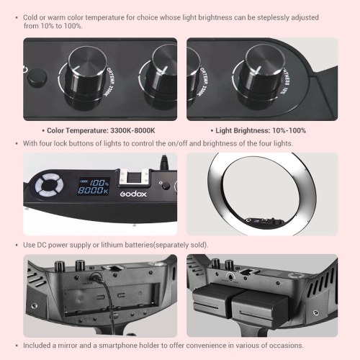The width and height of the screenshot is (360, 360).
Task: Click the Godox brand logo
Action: click(x=133, y=194)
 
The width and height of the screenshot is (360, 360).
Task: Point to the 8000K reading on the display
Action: click(x=93, y=191)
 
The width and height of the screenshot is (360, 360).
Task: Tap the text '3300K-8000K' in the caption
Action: click(x=132, y=130)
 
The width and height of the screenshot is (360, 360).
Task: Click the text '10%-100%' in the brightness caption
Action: click(x=289, y=130)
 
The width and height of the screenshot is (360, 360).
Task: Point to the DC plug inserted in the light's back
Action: click(x=96, y=277)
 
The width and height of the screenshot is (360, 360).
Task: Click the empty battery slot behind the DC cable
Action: click(x=112, y=300)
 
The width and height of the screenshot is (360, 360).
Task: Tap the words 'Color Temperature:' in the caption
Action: click(x=77, y=130)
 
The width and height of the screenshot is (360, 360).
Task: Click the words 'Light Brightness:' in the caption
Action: click(x=243, y=130)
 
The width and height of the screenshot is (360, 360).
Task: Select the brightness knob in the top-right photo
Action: click(x=261, y=77)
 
